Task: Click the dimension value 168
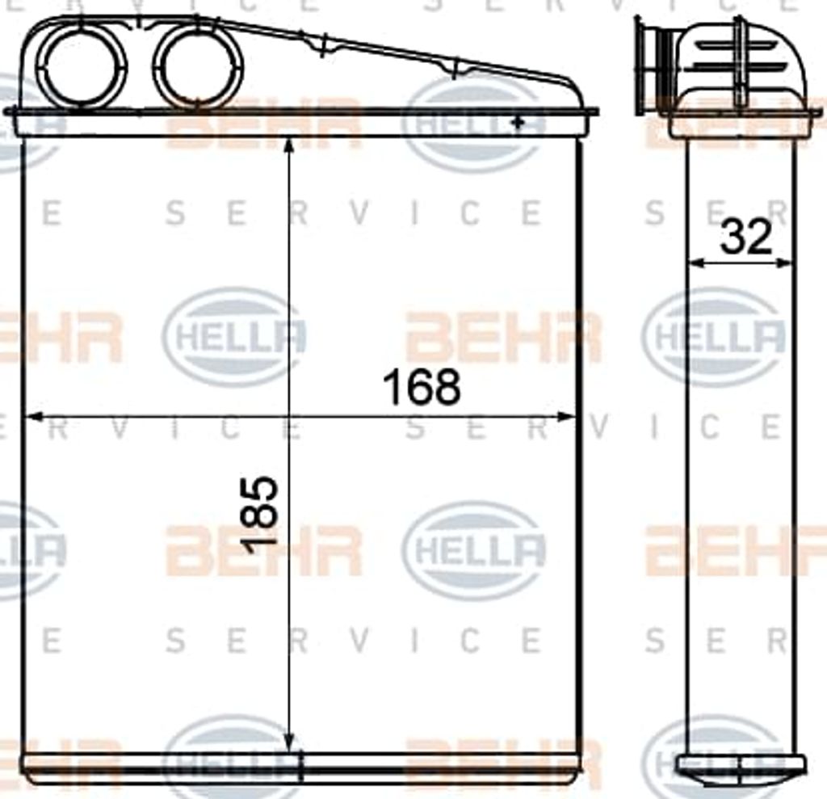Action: pos(422,387)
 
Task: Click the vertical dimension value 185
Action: pos(259,515)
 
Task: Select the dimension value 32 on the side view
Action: pos(745,236)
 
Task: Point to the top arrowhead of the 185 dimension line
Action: pos(288,145)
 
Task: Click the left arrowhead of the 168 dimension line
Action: pos(33,417)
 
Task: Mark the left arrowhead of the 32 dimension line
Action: pos(697,262)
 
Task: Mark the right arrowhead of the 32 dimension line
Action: pos(784,262)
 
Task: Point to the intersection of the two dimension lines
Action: pos(289,417)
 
